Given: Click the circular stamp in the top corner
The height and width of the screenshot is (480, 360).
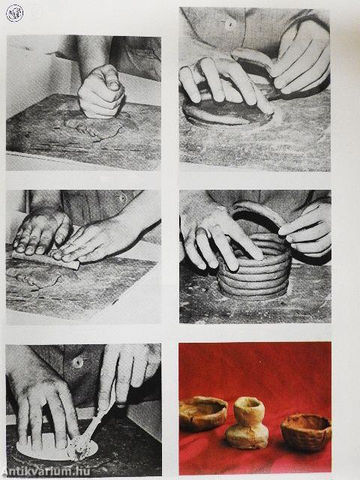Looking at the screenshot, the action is [x=14, y=13].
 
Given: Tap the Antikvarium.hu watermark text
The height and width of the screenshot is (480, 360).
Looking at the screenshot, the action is [x=45, y=472].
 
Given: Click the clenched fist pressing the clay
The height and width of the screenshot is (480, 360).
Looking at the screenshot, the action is [x=101, y=91].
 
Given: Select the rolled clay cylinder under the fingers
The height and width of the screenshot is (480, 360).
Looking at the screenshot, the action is [x=46, y=259].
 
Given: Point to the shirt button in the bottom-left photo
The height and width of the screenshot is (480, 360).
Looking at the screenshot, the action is [x=78, y=362].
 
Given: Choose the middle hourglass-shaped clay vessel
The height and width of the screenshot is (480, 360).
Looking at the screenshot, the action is [x=247, y=422].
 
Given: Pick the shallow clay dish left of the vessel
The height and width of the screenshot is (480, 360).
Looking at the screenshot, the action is [x=203, y=413].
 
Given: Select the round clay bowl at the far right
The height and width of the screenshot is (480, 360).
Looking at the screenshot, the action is [x=306, y=432].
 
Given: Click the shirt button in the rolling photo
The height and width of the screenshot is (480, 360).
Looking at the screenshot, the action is [x=122, y=197].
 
